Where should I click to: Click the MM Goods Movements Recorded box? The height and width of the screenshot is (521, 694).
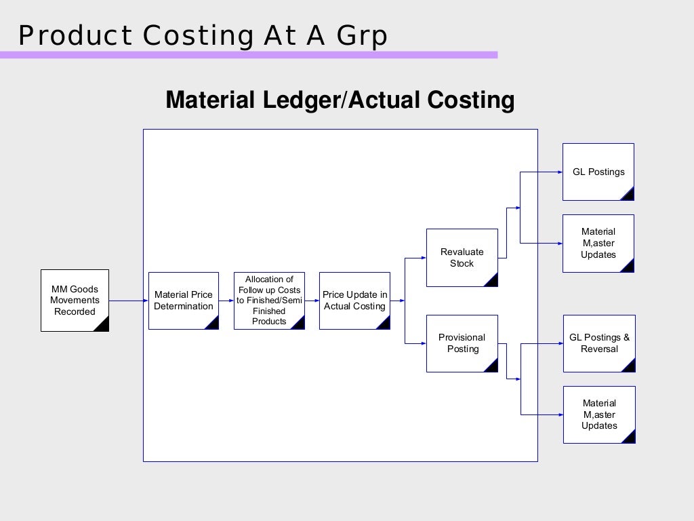(x=75, y=301)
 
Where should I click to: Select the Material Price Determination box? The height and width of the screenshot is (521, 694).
(x=183, y=301)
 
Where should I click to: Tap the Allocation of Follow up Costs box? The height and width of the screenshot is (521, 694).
(x=269, y=301)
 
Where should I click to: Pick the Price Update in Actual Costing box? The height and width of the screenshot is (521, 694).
(x=354, y=301)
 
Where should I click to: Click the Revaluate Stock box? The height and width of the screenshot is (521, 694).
(x=462, y=258)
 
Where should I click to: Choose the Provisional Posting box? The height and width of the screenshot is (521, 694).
(x=462, y=343)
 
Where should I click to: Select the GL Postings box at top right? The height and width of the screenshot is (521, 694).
(x=598, y=172)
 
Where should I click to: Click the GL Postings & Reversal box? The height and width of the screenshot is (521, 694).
(x=599, y=343)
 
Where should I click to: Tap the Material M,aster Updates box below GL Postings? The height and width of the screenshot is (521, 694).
(x=598, y=244)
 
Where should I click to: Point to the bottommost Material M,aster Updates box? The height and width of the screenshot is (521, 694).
(x=599, y=414)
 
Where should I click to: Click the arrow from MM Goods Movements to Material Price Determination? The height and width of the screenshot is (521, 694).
(x=128, y=301)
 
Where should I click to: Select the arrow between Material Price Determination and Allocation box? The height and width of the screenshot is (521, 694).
(x=226, y=301)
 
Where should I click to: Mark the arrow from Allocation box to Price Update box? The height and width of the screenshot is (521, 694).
(x=312, y=301)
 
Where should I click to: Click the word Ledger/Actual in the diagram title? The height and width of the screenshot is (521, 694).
(x=342, y=100)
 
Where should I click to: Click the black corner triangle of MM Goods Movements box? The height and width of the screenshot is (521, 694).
(x=102, y=325)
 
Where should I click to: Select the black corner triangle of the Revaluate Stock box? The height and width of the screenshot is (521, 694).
(x=492, y=280)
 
